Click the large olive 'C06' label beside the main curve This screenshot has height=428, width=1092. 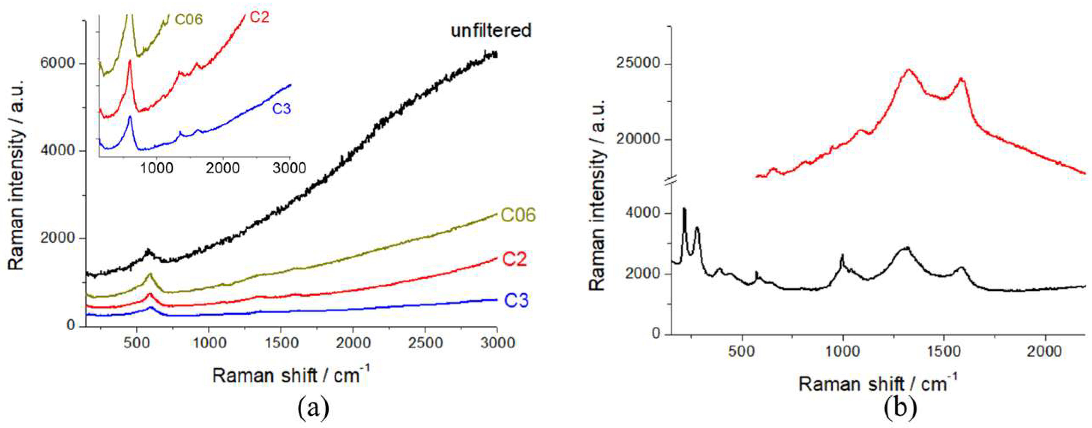(x=518, y=215)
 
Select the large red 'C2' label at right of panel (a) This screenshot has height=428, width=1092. (x=514, y=259)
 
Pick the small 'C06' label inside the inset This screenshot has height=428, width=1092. (x=189, y=20)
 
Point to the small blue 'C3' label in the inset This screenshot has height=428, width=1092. (x=281, y=109)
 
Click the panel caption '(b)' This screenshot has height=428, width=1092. (x=900, y=409)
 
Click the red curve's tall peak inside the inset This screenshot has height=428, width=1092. (x=130, y=62)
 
